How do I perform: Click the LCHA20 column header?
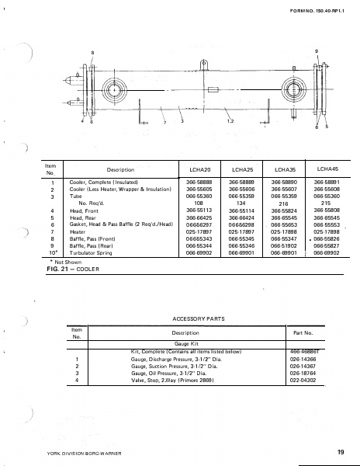(192, 169)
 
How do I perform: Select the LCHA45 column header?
(324, 168)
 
